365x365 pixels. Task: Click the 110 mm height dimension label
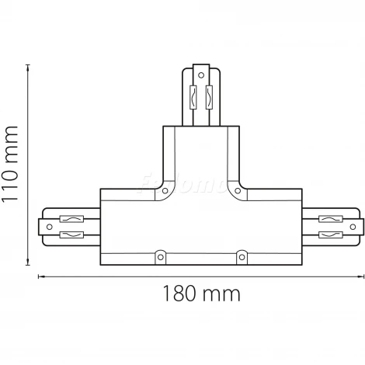[12, 163]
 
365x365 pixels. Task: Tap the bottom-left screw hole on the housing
[161, 253]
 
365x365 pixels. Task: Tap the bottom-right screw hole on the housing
[242, 253]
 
